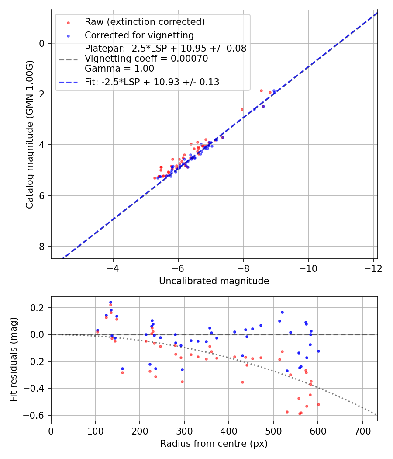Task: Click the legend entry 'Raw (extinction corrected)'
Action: (x=145, y=22)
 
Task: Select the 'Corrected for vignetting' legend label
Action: (x=139, y=35)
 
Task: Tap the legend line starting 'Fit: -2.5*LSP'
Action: (x=152, y=82)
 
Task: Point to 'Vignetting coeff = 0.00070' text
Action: (x=146, y=59)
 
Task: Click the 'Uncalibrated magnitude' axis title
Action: (x=214, y=281)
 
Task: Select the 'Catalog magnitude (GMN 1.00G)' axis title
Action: (x=30, y=134)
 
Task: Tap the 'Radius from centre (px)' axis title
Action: (x=214, y=444)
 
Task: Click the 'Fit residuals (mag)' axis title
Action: (x=14, y=359)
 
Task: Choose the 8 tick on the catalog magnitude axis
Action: (x=42, y=247)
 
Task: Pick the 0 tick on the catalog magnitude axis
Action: (x=42, y=43)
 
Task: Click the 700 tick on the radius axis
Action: (x=362, y=431)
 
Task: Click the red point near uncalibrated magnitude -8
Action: (x=242, y=109)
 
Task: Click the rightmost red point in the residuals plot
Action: (x=318, y=404)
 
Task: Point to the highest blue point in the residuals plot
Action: (x=110, y=302)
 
